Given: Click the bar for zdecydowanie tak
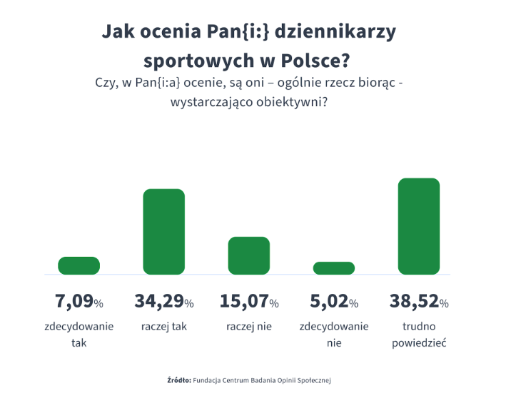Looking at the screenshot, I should (79, 265).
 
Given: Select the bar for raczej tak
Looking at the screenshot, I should (164, 232).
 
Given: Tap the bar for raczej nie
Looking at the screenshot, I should (248, 255).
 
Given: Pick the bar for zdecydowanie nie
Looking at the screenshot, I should (334, 268).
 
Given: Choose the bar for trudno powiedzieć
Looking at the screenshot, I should (419, 226).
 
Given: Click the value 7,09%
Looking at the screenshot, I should (79, 302).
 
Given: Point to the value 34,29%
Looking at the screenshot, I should (164, 302).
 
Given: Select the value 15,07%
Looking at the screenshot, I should (248, 302).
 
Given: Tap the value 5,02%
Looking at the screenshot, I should (334, 302).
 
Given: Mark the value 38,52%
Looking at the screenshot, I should (419, 302).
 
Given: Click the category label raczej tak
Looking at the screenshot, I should (164, 327).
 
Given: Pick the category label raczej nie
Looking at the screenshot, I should (248, 327).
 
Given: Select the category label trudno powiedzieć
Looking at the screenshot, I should (419, 335).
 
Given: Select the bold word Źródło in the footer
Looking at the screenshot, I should (178, 380).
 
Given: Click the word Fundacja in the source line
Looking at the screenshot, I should (210, 380).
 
